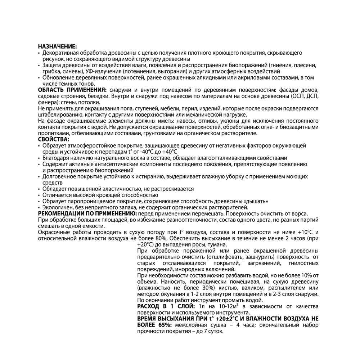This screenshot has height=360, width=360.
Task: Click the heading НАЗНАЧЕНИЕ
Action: [x=57, y=47]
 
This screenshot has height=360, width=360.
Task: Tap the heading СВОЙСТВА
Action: [x=53, y=139]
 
